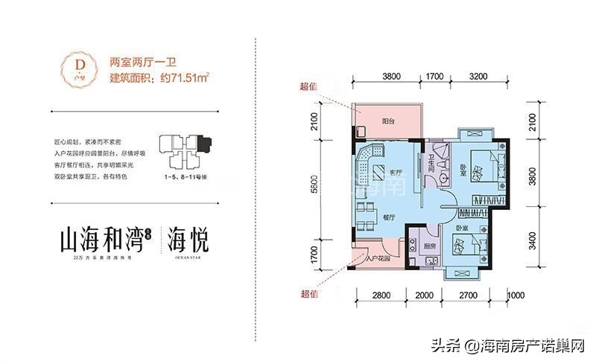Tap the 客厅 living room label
(396, 172)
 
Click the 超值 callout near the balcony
(308, 86)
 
